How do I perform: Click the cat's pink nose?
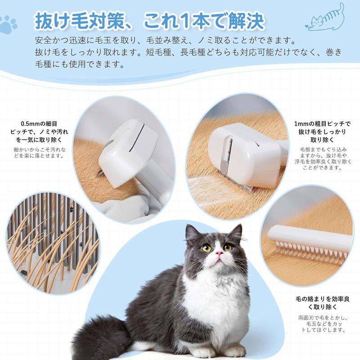pyautogui.click(x=219, y=253)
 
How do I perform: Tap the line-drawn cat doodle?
pyautogui.click(x=328, y=18)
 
